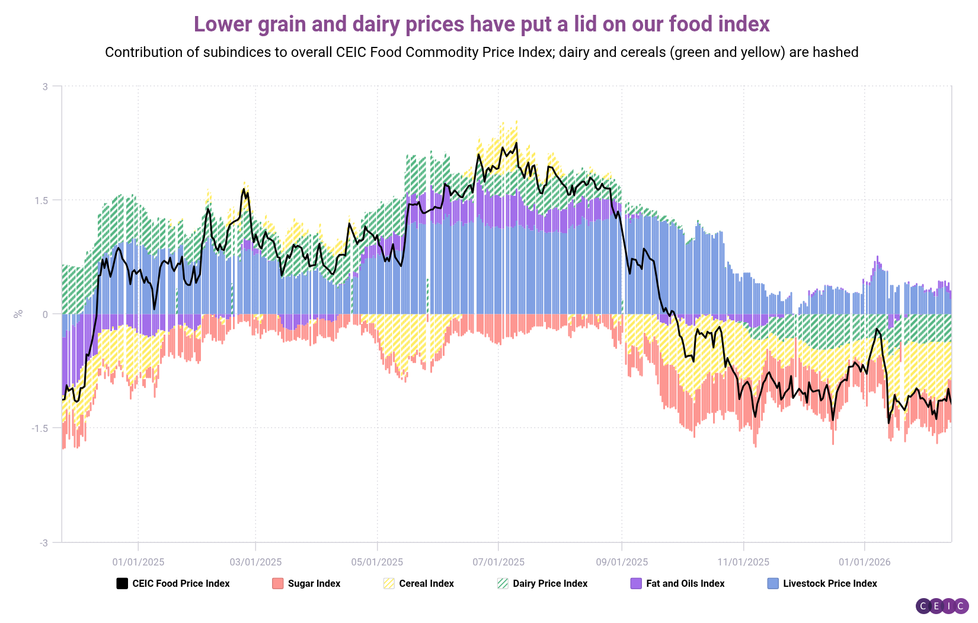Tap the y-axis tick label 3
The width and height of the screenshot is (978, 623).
(45, 87)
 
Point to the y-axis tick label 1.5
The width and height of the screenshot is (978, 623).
(41, 201)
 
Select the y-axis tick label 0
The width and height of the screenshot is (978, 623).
(45, 314)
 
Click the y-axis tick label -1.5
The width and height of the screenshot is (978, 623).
(40, 428)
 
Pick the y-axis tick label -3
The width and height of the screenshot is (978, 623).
(43, 543)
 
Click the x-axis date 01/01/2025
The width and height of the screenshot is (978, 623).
(138, 562)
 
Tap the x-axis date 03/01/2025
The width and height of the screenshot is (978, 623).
(255, 562)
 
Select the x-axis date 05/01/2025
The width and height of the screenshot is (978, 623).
(377, 562)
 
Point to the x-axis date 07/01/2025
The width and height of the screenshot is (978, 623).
(498, 562)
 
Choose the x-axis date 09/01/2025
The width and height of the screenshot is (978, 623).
(622, 562)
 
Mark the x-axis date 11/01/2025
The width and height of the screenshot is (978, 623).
(743, 562)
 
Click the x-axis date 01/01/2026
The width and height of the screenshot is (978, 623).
(864, 562)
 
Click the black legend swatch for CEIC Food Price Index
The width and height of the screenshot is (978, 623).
(122, 584)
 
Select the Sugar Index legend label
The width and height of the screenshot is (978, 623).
(314, 584)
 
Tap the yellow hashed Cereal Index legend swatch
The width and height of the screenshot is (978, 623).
(389, 584)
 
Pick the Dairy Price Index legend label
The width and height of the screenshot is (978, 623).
(550, 584)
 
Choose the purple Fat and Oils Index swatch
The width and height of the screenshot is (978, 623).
(636, 584)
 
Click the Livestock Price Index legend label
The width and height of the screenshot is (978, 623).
(830, 584)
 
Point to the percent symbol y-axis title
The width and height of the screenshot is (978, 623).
(18, 313)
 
